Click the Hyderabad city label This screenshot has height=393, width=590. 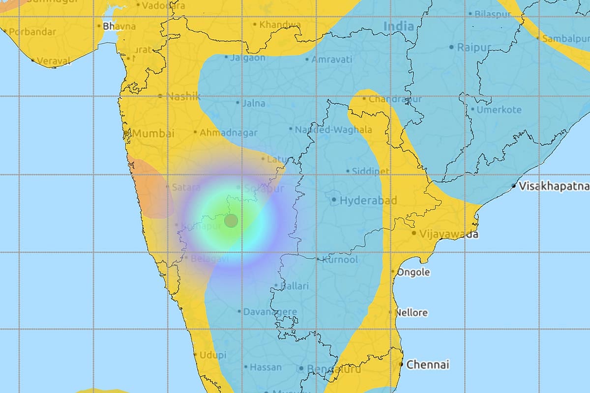(361, 200)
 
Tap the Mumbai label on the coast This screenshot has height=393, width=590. (153, 133)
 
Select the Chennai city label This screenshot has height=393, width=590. (428, 365)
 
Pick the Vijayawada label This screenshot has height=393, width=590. (448, 234)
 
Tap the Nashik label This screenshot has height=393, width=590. (183, 96)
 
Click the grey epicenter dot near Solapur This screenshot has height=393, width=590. (231, 221)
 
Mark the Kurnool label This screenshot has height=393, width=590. (340, 259)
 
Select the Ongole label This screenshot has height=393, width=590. (413, 272)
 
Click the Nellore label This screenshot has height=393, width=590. (412, 312)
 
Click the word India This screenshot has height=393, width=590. (398, 27)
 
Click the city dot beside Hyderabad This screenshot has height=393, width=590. (334, 200)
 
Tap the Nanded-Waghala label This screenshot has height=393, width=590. (333, 130)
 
